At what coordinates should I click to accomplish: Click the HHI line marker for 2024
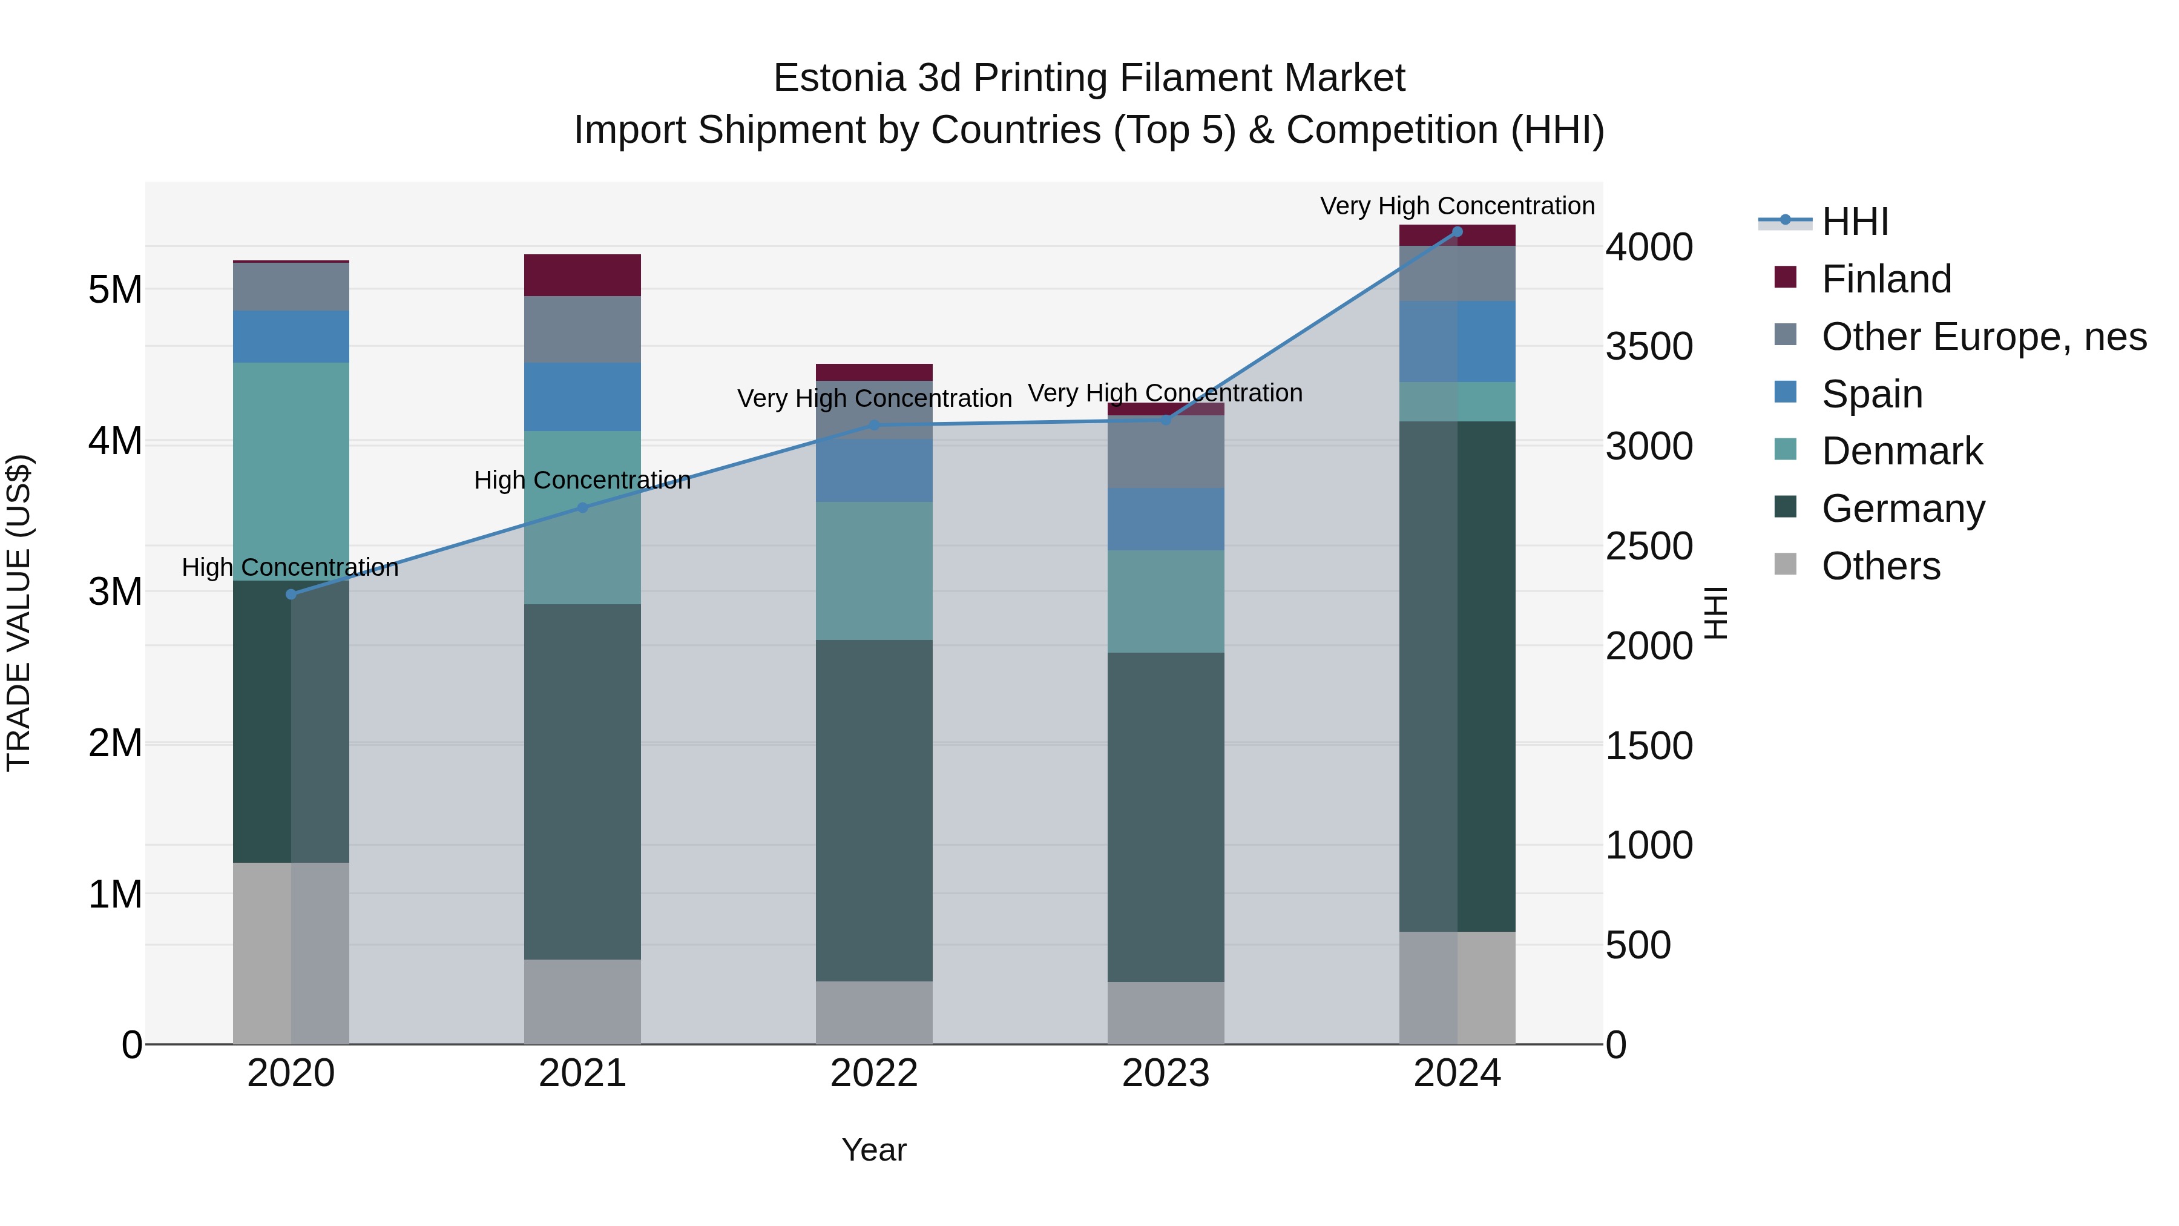(x=1457, y=232)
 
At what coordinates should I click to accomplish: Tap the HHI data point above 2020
(x=291, y=594)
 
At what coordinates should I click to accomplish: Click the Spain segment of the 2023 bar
(x=1166, y=519)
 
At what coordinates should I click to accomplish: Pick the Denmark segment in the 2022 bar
(x=874, y=570)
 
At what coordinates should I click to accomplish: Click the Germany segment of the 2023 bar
(x=1166, y=817)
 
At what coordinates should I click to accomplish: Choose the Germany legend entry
(x=1902, y=509)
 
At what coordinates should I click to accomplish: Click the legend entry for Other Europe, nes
(x=1983, y=336)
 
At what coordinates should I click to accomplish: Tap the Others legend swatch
(x=1785, y=564)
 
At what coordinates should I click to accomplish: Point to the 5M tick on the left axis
(x=115, y=289)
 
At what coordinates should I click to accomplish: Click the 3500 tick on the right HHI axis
(x=1649, y=347)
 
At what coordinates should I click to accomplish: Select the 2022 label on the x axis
(x=874, y=1073)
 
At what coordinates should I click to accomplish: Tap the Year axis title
(x=874, y=1150)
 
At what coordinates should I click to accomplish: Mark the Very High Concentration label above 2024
(x=1457, y=206)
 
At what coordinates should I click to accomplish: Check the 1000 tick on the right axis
(x=1649, y=845)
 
